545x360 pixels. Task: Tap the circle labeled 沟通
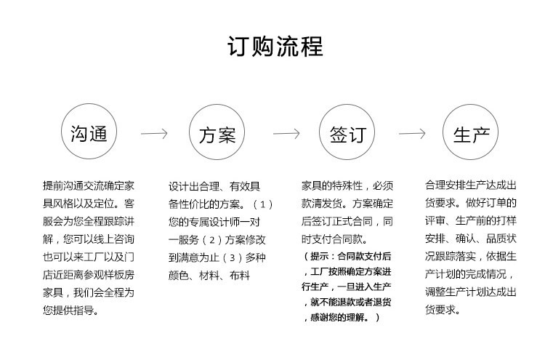[89, 135]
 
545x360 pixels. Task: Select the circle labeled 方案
[217, 135]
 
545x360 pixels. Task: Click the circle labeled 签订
[347, 135]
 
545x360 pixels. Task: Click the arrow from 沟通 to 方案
[153, 135]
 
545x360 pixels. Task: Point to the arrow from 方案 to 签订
[285, 135]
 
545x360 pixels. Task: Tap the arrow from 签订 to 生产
[412, 135]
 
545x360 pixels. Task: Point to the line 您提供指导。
[72, 311]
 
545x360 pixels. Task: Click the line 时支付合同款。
[336, 239]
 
